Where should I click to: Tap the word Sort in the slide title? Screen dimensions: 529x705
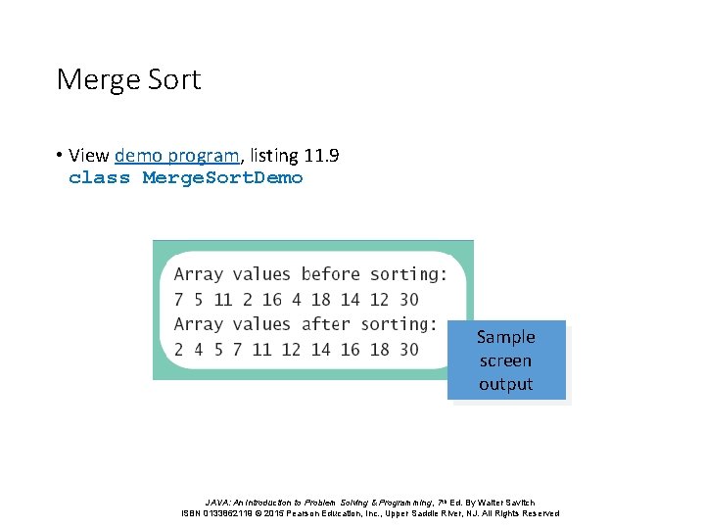pos(174,79)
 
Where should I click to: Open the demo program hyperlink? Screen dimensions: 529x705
pos(176,155)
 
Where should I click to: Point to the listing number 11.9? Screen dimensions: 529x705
pos(321,155)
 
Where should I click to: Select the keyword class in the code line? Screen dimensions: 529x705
pos(99,178)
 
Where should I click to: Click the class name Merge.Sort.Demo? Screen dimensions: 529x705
pos(222,178)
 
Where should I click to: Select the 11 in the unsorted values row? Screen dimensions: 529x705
pos(222,300)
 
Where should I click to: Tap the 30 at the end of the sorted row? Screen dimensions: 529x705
pos(408,350)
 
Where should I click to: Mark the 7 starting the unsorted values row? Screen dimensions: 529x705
pos(179,300)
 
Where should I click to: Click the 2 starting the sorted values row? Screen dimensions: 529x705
pos(179,350)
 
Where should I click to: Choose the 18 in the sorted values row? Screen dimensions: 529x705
pos(379,350)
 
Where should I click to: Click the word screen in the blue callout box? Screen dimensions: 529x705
pos(505,361)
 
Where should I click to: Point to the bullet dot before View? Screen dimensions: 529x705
pos(60,156)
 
